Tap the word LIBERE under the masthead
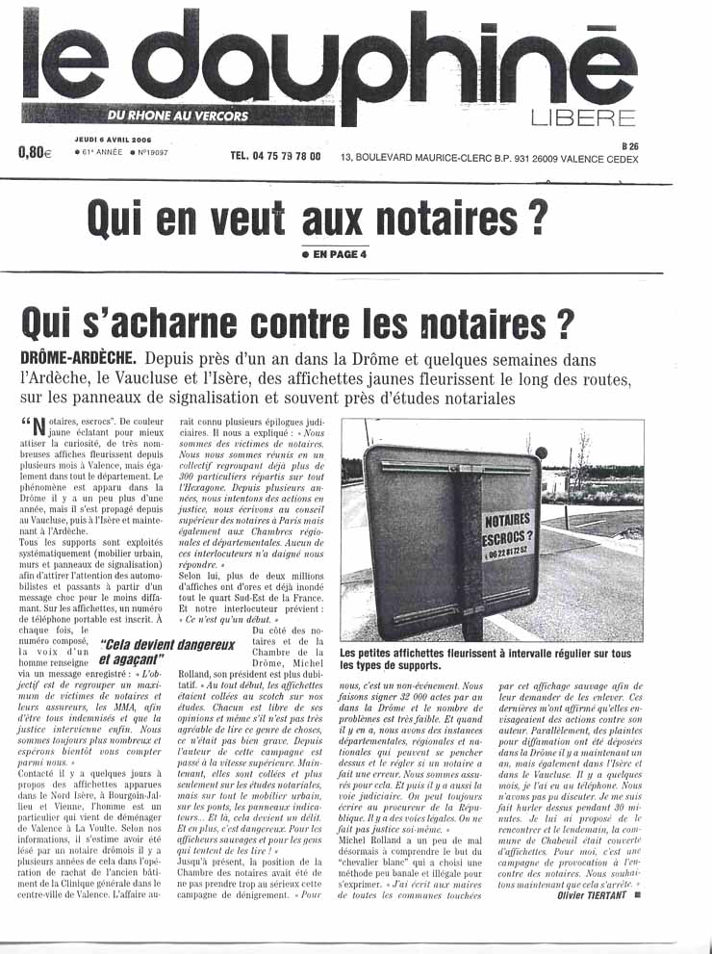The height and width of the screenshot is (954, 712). (x=583, y=118)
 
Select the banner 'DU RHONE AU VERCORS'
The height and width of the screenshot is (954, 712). (x=178, y=116)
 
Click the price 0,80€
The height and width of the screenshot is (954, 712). (x=34, y=151)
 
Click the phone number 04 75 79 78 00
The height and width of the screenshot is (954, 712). (x=275, y=156)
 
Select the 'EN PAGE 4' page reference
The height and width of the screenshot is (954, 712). (x=335, y=254)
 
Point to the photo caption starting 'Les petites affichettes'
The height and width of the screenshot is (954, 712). (x=498, y=658)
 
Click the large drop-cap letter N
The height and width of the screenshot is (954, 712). (x=39, y=428)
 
